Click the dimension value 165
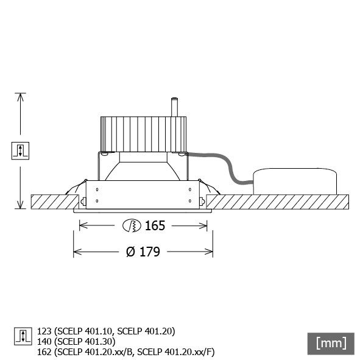tap(155, 226)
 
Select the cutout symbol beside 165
tap(132, 226)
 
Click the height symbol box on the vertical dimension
tap(21, 150)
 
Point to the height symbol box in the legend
tap(21, 336)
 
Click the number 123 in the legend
tap(44, 331)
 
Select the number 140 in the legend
tap(44, 341)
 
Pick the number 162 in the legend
tap(44, 351)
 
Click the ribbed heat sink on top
tap(144, 133)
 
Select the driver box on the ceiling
tap(295, 182)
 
